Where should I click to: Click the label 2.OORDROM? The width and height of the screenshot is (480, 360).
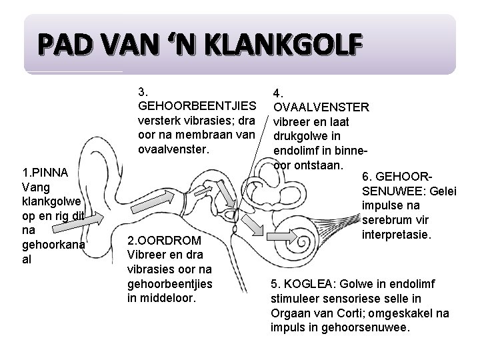161,240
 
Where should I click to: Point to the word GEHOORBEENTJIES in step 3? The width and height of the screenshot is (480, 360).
197,106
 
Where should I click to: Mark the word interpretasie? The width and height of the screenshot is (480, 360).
398,235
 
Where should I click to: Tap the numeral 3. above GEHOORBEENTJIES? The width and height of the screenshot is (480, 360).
143,91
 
